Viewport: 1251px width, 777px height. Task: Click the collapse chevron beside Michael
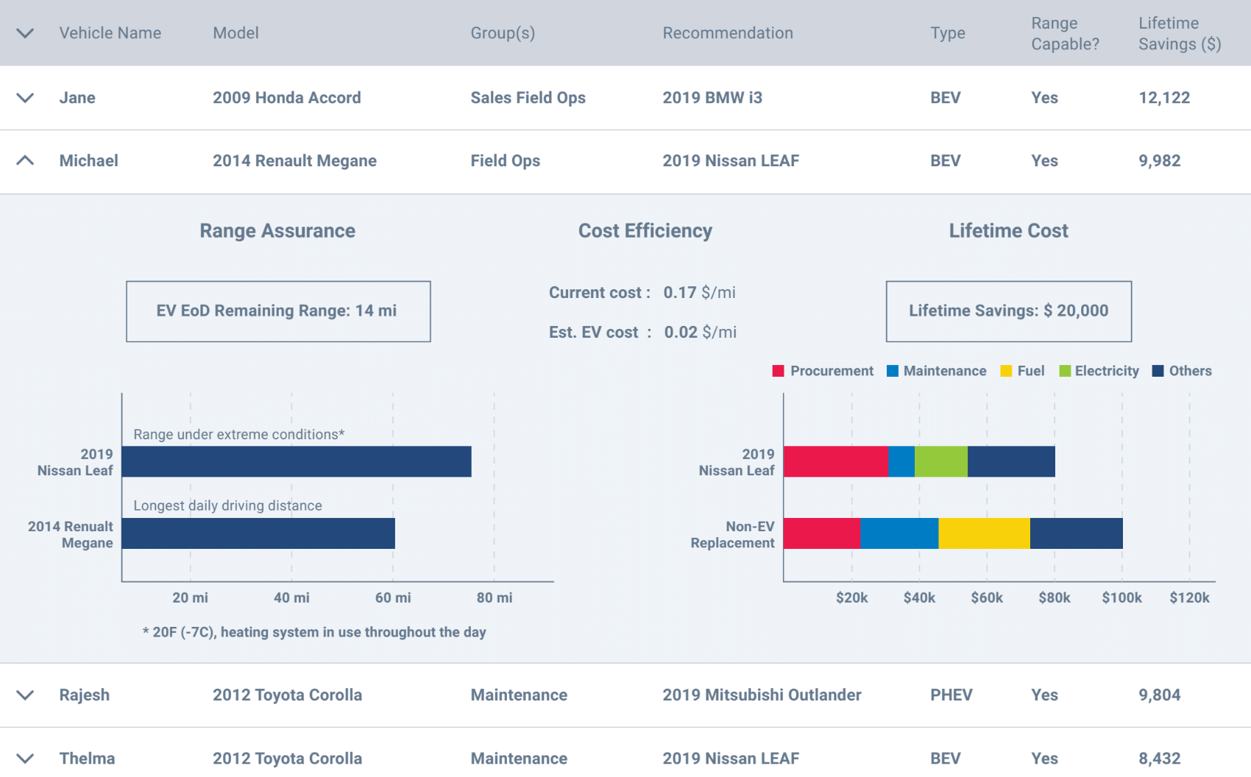click(x=25, y=160)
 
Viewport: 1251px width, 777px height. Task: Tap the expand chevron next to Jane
click(x=25, y=98)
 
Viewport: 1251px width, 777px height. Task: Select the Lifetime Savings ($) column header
click(x=1179, y=33)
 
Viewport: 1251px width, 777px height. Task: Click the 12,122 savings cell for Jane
click(x=1163, y=98)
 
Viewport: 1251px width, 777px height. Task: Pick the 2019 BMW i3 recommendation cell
click(x=712, y=98)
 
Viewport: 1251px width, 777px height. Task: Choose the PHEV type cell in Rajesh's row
click(x=951, y=695)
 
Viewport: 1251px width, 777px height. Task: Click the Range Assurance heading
click(x=277, y=231)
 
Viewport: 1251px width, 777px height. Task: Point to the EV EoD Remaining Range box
click(x=278, y=311)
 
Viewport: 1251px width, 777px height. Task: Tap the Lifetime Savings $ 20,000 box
click(x=1008, y=311)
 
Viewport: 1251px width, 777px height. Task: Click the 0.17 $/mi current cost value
click(x=698, y=293)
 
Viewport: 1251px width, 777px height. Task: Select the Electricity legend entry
click(x=1099, y=371)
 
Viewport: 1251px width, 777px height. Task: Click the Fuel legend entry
click(x=1022, y=371)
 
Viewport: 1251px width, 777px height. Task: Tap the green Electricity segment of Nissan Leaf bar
click(x=940, y=461)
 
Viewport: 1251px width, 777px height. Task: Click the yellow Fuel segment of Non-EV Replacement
click(x=984, y=533)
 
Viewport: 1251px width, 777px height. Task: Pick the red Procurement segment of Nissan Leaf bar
click(x=836, y=461)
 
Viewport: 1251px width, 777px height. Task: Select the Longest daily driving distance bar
click(x=258, y=533)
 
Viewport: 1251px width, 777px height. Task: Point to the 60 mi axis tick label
click(x=393, y=597)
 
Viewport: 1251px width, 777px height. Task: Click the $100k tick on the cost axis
click(x=1121, y=597)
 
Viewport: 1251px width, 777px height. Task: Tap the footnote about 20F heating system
click(x=314, y=632)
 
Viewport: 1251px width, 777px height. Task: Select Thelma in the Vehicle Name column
click(x=87, y=759)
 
